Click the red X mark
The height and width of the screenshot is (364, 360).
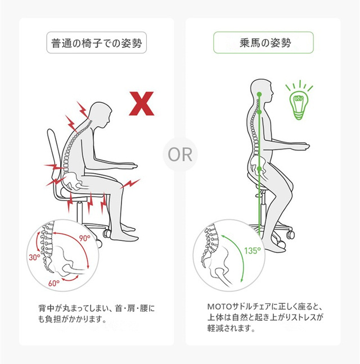tap(142, 103)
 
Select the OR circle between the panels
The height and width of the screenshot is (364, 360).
tap(180, 154)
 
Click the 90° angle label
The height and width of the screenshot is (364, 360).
tap(84, 238)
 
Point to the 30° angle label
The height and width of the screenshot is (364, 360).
tap(34, 257)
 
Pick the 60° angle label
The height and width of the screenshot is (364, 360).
tap(53, 283)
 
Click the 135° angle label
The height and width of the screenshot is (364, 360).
tap(253, 251)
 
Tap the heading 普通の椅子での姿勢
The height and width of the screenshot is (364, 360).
tap(96, 43)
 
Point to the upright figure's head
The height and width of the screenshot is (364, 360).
tap(261, 91)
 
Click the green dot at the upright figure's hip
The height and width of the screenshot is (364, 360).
tap(260, 169)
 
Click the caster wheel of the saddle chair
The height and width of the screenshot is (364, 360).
tap(290, 235)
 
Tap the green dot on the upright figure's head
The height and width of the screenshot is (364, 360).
tap(259, 94)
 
